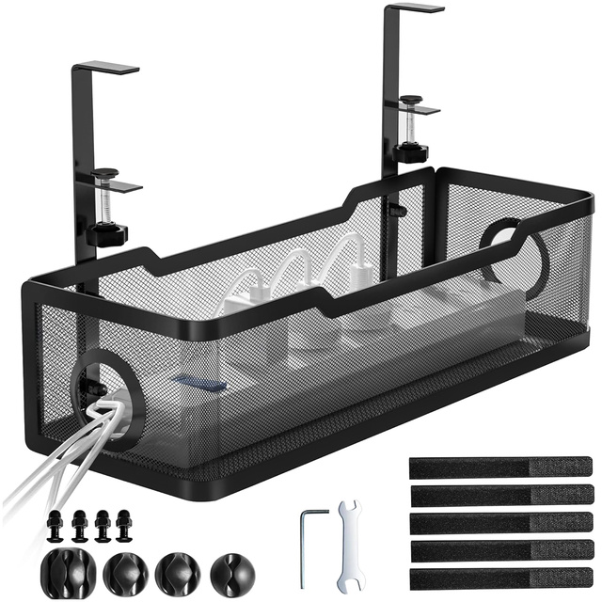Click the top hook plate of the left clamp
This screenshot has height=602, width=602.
pos(105,68)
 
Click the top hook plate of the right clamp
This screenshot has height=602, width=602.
pos(413,8)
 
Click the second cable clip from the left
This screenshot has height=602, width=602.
pos(122,570)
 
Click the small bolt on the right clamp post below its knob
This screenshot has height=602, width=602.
pos(399,208)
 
